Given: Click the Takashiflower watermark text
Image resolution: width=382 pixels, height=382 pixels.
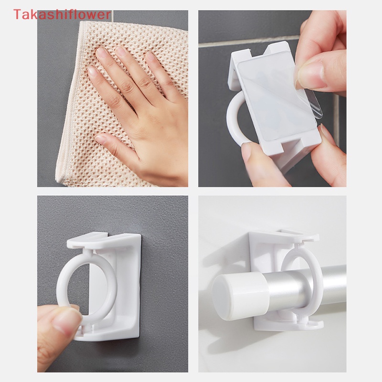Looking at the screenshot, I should pyautogui.click(x=62, y=14).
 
